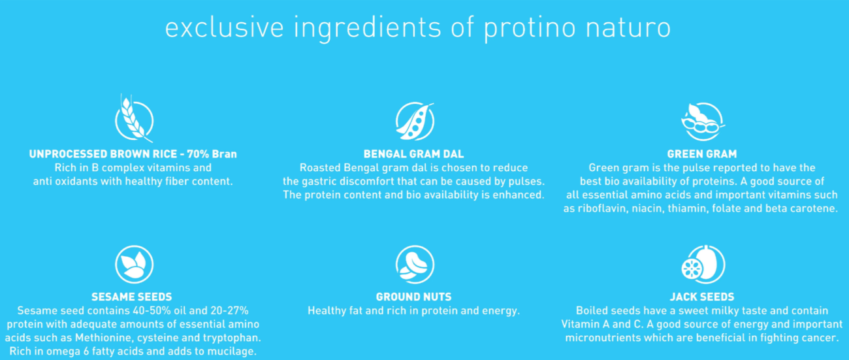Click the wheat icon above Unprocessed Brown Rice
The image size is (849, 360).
[x=134, y=119]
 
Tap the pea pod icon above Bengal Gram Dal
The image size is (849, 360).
[x=415, y=121]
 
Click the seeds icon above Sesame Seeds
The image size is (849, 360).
[x=134, y=265]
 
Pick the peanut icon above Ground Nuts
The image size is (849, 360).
[x=415, y=265]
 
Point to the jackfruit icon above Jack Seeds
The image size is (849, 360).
[x=703, y=265]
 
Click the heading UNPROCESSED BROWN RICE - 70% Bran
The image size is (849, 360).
[x=133, y=154]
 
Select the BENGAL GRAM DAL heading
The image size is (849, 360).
[x=414, y=154]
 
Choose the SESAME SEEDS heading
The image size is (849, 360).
[x=133, y=297]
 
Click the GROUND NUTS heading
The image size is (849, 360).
[x=414, y=297]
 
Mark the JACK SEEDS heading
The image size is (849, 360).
[x=703, y=297]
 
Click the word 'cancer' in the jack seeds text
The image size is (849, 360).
[x=818, y=338]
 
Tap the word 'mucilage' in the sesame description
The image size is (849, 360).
[x=232, y=352]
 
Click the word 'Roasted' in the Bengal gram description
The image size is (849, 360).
[x=321, y=168]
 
